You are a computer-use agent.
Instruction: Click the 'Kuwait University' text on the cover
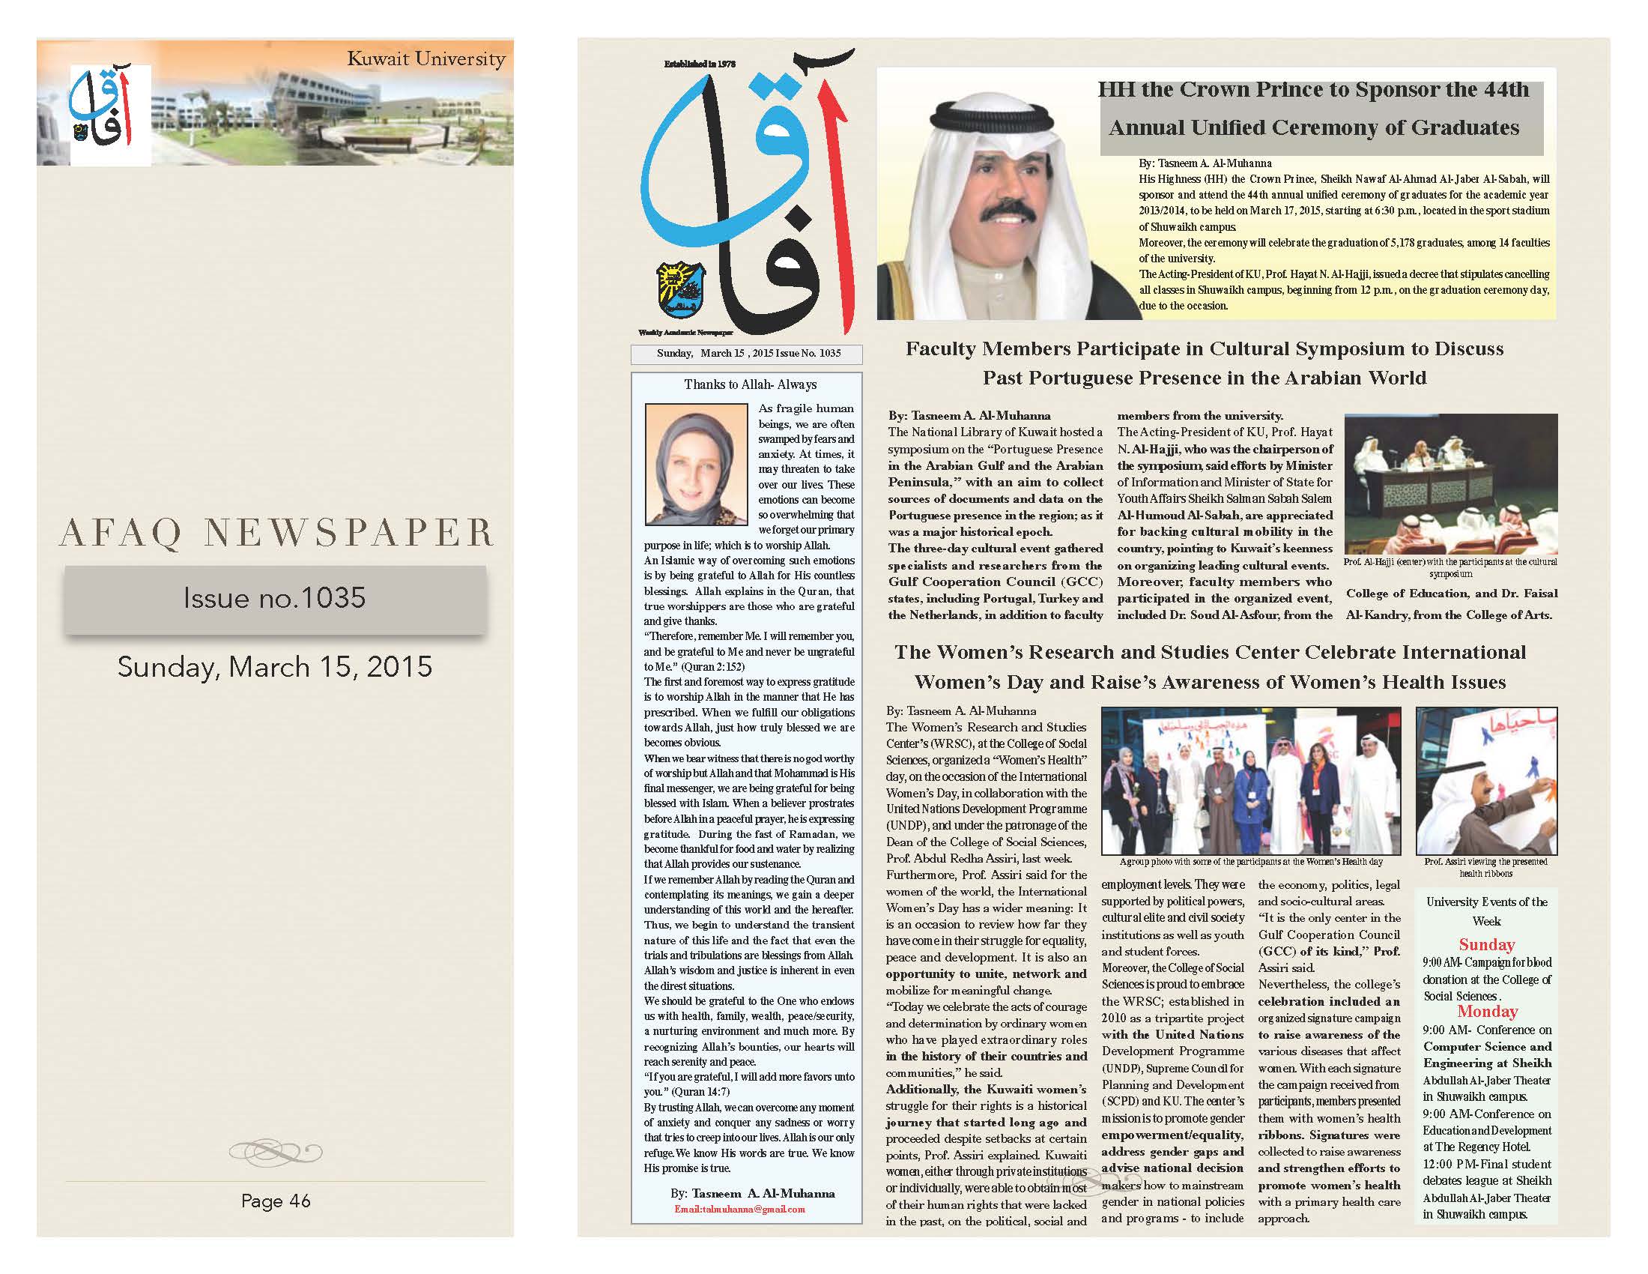click(425, 59)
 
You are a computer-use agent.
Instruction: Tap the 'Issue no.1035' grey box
click(275, 599)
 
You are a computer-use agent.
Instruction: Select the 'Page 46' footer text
click(276, 1201)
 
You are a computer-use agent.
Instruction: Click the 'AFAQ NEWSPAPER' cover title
click(276, 533)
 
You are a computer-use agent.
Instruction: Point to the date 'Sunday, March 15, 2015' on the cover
click(275, 667)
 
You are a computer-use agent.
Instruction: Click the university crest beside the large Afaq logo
click(681, 290)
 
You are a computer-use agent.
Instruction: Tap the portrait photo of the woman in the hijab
click(696, 464)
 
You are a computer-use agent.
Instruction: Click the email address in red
click(739, 1209)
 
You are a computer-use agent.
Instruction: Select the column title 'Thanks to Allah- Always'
click(749, 384)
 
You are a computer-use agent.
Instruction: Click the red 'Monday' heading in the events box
click(1486, 1012)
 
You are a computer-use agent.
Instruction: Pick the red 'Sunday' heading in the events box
click(1485, 945)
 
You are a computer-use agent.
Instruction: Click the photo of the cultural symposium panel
click(1450, 484)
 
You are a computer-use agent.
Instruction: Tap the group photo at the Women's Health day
click(1250, 780)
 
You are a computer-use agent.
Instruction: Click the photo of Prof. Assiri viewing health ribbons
click(1485, 780)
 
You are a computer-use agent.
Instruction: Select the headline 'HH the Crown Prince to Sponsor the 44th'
click(1313, 91)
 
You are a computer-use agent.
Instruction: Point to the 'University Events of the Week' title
click(1485, 911)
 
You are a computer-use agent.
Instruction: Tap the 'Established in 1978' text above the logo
click(699, 65)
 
